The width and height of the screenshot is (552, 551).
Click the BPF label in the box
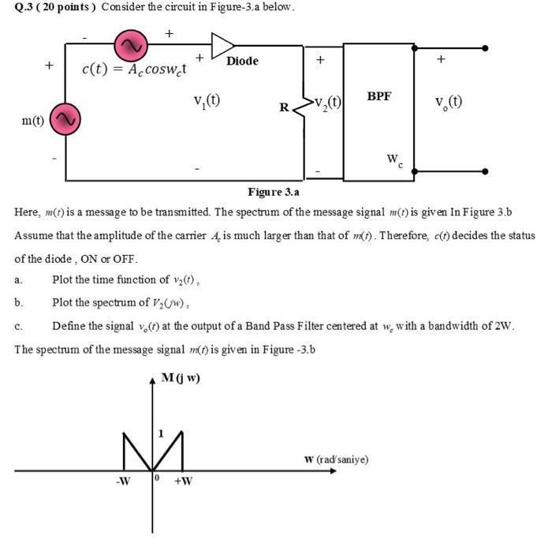(x=379, y=96)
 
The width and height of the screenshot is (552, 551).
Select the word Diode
(x=242, y=62)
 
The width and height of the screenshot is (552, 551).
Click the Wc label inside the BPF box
(x=395, y=161)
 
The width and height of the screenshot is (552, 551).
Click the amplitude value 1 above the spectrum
(x=161, y=413)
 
